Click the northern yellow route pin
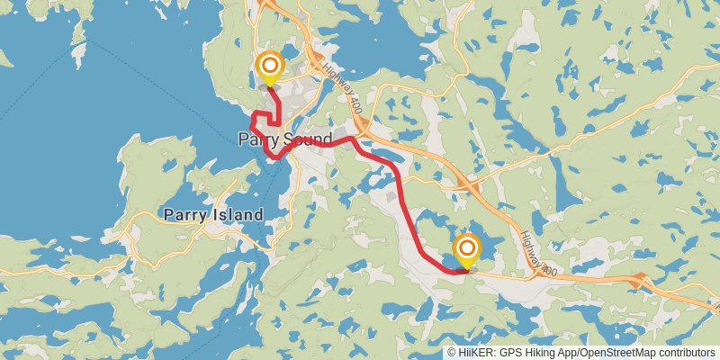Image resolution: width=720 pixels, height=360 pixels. pyautogui.click(x=268, y=68)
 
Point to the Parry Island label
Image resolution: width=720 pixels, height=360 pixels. pyautogui.click(x=213, y=215)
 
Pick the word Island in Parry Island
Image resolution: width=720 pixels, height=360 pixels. pyautogui.click(x=238, y=215)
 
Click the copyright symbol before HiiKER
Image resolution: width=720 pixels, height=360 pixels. pyautogui.click(x=452, y=353)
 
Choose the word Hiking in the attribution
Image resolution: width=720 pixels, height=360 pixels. pyautogui.click(x=536, y=353)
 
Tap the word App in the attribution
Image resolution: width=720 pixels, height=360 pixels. pyautogui.click(x=564, y=353)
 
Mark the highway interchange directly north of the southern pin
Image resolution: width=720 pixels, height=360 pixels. pyautogui.click(x=467, y=184)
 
